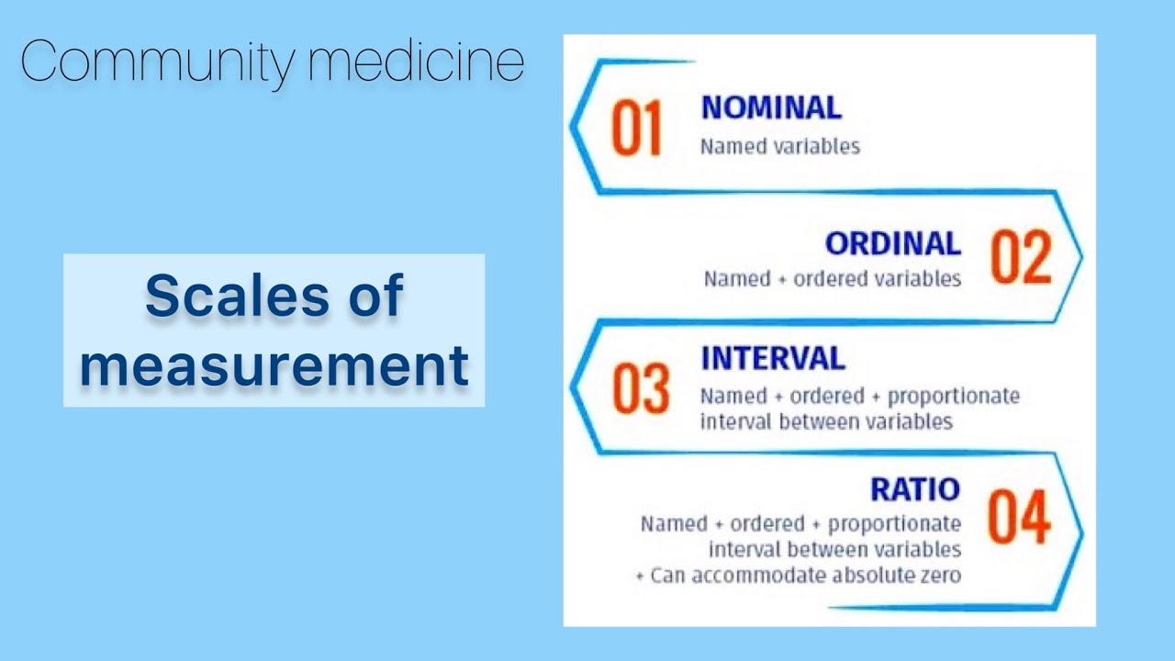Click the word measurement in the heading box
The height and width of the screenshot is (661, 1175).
click(274, 364)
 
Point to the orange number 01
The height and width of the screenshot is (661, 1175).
click(636, 129)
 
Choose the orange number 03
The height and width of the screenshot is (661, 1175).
click(641, 389)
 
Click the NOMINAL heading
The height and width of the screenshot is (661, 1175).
click(771, 107)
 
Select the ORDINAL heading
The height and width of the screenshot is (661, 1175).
click(892, 243)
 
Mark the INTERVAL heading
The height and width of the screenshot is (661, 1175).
click(773, 358)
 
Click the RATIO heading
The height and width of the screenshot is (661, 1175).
click(914, 489)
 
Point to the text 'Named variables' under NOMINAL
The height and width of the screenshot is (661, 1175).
click(779, 146)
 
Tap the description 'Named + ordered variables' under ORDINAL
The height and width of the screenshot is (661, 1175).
click(832, 277)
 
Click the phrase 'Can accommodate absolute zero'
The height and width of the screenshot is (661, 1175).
click(805, 576)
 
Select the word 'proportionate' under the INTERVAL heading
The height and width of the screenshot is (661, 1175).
click(954, 396)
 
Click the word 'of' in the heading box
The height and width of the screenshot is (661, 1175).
click(375, 297)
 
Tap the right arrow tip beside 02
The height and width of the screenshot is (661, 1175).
click(1080, 256)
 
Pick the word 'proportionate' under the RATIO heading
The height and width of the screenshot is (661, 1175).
click(894, 523)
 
